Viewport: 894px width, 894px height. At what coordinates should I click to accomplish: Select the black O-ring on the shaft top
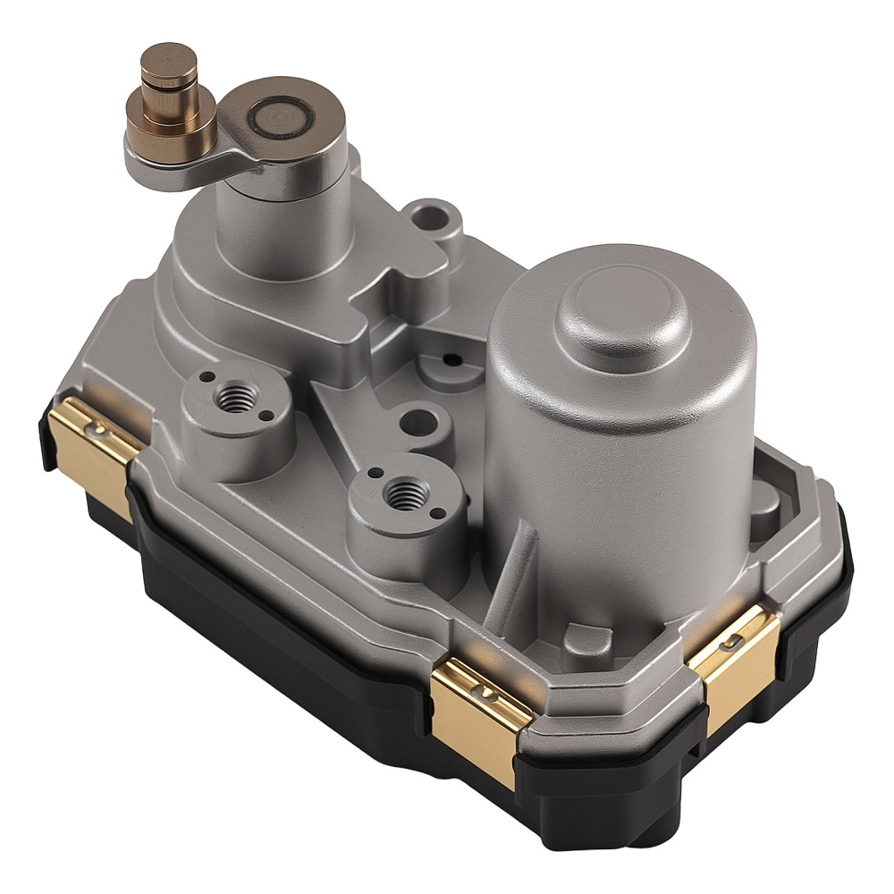281,117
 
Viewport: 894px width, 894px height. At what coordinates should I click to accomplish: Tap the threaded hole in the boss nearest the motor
404,490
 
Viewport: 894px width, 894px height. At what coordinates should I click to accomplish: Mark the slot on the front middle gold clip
486,692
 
